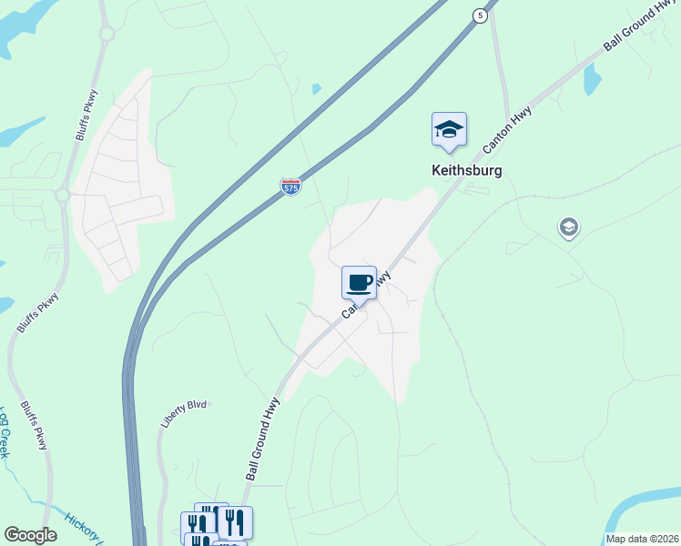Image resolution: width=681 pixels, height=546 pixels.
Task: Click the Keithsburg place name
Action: (x=466, y=169)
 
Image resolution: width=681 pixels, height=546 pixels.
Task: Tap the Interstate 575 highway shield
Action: (x=290, y=187)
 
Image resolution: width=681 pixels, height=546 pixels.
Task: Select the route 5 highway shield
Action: (x=478, y=15)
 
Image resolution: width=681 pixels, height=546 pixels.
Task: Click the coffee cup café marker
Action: (x=359, y=282)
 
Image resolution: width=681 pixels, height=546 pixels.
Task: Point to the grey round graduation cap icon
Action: (x=569, y=227)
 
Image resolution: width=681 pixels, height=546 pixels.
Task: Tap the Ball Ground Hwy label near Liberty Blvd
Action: (x=260, y=443)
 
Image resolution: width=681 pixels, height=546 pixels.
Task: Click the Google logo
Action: (x=30, y=535)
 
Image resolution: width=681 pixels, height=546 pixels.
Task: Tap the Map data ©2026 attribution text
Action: (x=642, y=539)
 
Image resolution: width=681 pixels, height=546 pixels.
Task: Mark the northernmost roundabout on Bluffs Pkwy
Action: (x=107, y=34)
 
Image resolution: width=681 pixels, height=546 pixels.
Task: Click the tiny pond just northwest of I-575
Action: (x=316, y=89)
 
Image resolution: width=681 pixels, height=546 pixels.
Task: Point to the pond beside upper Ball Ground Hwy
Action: (x=592, y=80)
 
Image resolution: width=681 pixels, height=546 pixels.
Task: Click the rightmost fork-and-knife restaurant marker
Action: (x=235, y=521)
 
